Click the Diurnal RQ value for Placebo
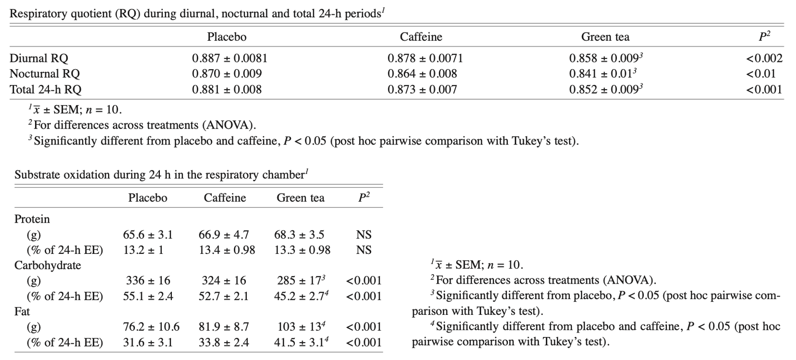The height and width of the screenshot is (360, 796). click(229, 59)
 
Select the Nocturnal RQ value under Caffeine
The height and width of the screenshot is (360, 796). click(422, 74)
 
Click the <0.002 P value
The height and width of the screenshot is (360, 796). click(764, 59)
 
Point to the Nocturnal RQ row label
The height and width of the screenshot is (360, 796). click(45, 74)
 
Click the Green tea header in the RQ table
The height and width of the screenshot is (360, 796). click(605, 37)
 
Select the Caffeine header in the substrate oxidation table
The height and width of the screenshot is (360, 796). click(225, 198)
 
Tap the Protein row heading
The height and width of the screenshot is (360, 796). click(32, 219)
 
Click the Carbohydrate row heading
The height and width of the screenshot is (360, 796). click(48, 265)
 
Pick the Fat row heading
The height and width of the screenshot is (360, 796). click(22, 312)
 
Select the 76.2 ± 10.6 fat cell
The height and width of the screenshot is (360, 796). click(151, 327)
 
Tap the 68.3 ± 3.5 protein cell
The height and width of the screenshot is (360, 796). click(299, 235)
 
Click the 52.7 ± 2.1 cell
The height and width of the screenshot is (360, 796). click(224, 296)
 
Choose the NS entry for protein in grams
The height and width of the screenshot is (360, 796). click(364, 235)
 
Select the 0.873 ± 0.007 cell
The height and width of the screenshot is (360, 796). click(422, 89)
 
